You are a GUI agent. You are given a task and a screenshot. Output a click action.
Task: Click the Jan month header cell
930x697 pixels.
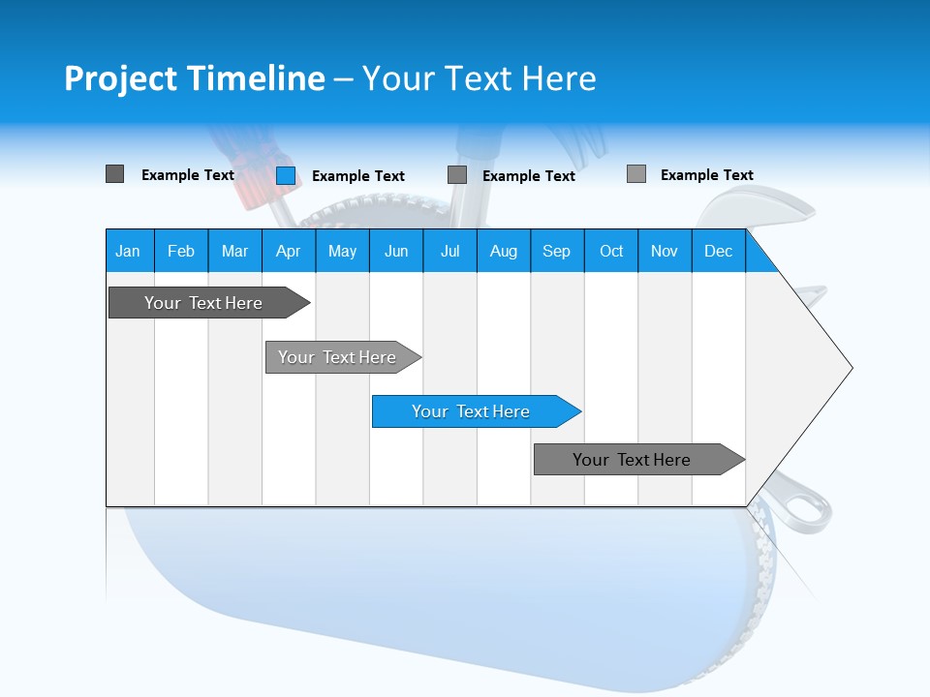pyautogui.click(x=129, y=251)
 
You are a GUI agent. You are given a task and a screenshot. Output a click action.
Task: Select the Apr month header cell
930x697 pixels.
pyautogui.click(x=288, y=251)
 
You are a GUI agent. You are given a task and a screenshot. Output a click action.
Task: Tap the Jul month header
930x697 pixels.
pyautogui.click(x=449, y=251)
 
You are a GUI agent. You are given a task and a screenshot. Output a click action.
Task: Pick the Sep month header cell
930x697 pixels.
pyautogui.click(x=556, y=251)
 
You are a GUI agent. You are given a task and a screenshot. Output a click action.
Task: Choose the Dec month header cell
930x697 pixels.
pyautogui.click(x=718, y=251)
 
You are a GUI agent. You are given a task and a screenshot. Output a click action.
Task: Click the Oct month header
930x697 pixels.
pyautogui.click(x=611, y=251)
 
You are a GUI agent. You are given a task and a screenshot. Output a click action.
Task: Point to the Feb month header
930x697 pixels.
pyautogui.click(x=181, y=251)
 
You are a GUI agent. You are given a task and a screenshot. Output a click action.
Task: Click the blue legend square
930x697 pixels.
pyautogui.click(x=286, y=175)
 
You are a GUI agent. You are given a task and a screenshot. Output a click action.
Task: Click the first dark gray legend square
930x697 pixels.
pyautogui.click(x=114, y=174)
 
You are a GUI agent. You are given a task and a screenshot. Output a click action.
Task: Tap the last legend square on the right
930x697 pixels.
pyautogui.click(x=636, y=174)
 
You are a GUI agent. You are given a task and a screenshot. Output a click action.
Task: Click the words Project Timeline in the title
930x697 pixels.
pyautogui.click(x=194, y=78)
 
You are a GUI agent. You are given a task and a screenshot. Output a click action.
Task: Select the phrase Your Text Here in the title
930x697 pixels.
pyautogui.click(x=479, y=78)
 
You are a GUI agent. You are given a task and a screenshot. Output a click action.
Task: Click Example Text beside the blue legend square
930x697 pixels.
pyautogui.click(x=357, y=176)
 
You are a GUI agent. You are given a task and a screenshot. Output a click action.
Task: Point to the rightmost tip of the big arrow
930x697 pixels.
pyautogui.click(x=851, y=367)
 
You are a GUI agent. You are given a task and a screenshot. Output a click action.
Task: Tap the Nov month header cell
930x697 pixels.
pyautogui.click(x=665, y=251)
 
